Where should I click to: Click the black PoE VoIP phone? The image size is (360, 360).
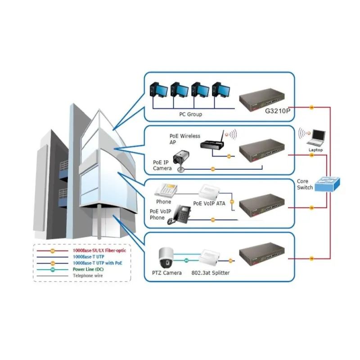(179, 215)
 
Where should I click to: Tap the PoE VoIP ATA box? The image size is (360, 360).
(211, 193)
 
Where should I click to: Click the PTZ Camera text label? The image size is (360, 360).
(167, 273)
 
